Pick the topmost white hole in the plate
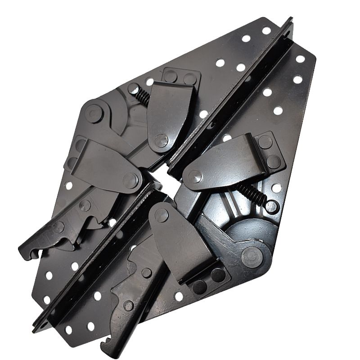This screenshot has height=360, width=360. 266,31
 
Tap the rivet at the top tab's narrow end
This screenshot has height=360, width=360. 161,140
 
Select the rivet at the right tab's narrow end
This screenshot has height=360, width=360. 195,176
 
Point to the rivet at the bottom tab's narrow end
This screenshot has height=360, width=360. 161,215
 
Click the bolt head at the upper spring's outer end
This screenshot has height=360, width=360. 134,89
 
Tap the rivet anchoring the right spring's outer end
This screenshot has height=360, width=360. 270,207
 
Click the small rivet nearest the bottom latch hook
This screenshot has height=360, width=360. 129,306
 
